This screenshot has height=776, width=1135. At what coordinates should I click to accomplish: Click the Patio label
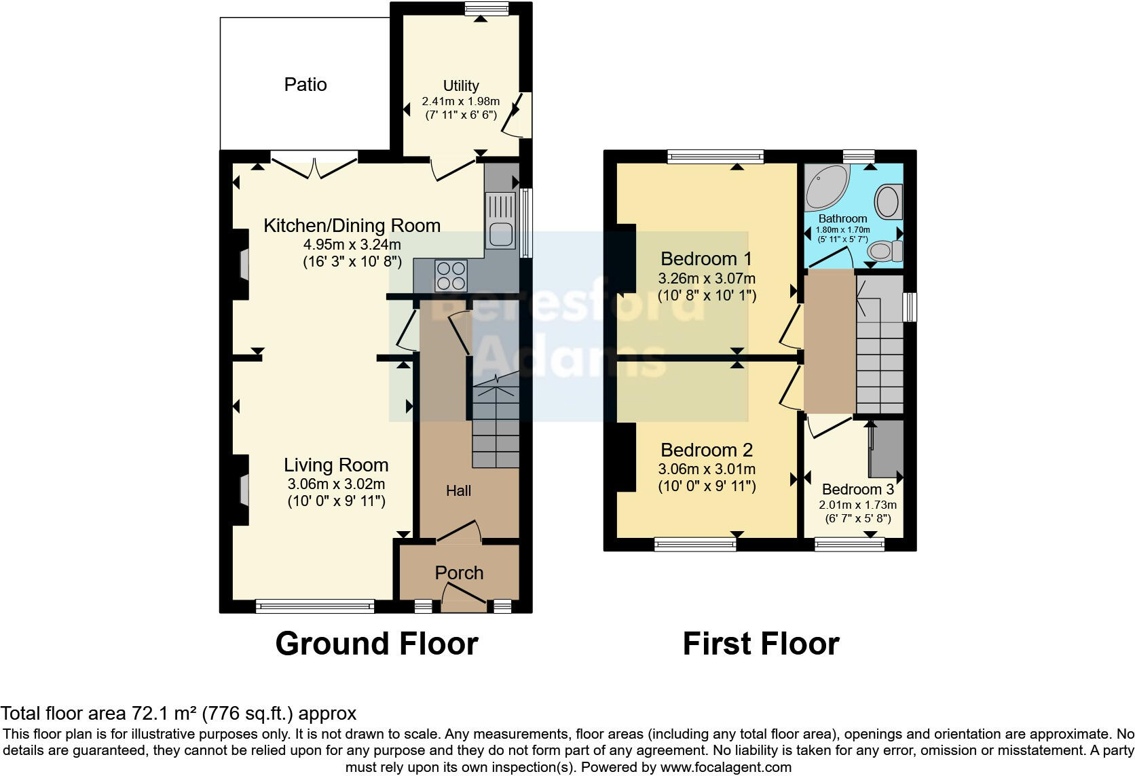305,84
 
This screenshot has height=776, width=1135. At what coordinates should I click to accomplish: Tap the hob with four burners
451,276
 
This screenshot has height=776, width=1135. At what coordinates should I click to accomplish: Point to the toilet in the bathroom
885,252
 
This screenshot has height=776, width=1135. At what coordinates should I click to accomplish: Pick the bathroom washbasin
887,201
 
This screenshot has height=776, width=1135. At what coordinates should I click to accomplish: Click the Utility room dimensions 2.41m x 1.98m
461,101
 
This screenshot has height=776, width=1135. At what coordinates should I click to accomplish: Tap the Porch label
459,573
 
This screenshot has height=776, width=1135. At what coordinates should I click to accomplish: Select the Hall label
458,490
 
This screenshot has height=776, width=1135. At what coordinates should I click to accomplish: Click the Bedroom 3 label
857,489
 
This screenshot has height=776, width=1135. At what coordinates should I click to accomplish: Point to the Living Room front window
315,605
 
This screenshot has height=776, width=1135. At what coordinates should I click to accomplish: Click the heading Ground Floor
377,643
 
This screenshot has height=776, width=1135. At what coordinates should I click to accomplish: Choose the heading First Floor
761,643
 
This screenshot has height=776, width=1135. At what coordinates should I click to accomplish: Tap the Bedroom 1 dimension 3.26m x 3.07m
707,278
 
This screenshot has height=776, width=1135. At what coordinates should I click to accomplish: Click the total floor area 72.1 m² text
179,713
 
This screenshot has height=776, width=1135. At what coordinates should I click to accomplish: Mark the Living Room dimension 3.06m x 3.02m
336,484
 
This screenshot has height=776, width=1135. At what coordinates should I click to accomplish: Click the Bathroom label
842,218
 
